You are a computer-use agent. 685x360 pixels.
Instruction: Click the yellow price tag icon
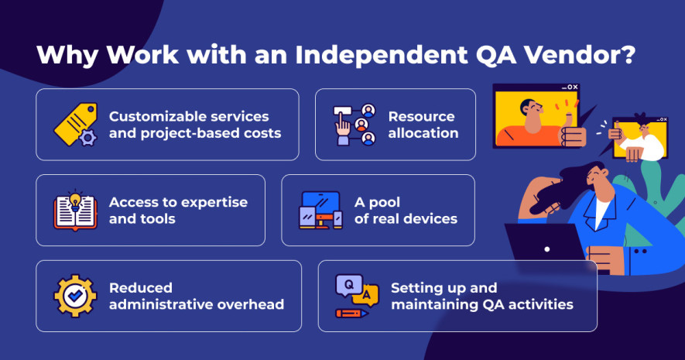tap(75, 125)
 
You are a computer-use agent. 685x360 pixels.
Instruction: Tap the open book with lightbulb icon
tap(75, 211)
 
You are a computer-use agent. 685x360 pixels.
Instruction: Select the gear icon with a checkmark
tap(75, 296)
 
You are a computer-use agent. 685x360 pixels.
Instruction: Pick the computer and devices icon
tap(320, 210)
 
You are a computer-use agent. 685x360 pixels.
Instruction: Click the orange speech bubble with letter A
tap(366, 295)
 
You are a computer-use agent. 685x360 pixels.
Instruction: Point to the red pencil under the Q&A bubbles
tap(351, 314)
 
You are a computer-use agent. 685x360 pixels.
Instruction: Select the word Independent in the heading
tap(382, 55)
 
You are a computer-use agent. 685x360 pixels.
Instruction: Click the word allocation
tap(423, 133)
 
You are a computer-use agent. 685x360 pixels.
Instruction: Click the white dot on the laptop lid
tap(547, 249)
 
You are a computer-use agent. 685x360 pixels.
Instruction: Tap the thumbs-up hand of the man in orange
tap(572, 132)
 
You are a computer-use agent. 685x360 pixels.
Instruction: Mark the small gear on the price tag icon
tap(87, 138)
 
